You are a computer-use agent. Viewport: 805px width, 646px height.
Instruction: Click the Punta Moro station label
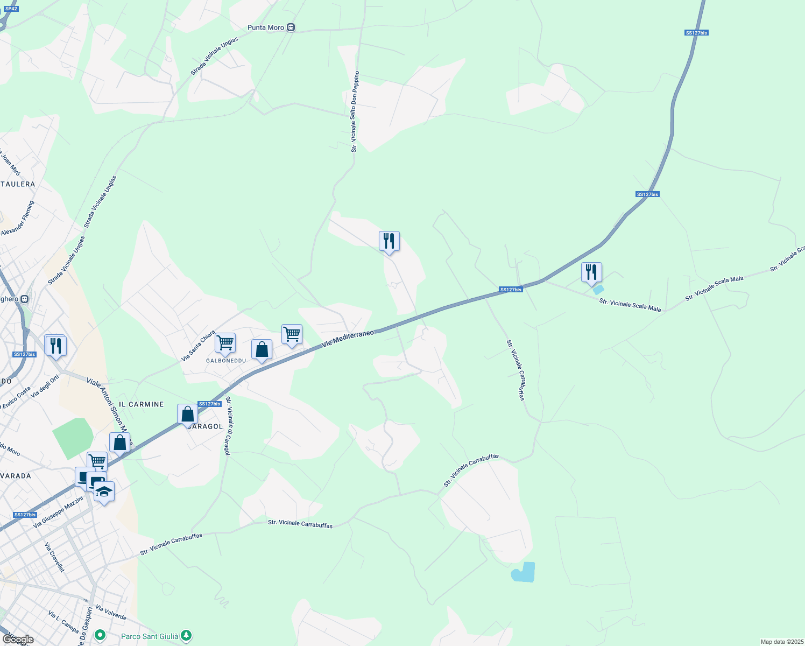click(266, 27)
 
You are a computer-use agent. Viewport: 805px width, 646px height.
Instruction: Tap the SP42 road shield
click(11, 9)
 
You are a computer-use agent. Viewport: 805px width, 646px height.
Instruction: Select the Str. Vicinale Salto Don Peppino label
click(354, 111)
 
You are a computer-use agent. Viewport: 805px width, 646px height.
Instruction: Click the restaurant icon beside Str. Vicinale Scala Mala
click(591, 272)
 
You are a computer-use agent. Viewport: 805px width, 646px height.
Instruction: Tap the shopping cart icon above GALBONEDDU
click(225, 342)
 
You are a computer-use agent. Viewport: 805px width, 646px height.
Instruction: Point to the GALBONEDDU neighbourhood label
click(226, 361)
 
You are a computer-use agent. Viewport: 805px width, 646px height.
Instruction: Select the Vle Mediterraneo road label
click(348, 339)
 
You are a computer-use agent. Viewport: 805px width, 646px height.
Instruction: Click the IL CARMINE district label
click(141, 404)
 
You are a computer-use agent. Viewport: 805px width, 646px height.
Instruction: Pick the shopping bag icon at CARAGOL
click(187, 415)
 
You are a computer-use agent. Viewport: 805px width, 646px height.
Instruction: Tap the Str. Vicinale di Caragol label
click(229, 426)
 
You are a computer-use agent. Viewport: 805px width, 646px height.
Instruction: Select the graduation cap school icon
click(104, 491)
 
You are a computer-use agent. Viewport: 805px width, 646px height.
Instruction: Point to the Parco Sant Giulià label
click(150, 636)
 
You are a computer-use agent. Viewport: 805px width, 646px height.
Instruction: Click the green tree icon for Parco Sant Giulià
click(186, 636)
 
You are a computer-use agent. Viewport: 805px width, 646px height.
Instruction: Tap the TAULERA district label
click(18, 184)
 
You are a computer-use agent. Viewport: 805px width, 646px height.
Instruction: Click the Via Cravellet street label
click(54, 557)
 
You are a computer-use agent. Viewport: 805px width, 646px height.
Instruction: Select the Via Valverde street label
click(111, 612)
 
